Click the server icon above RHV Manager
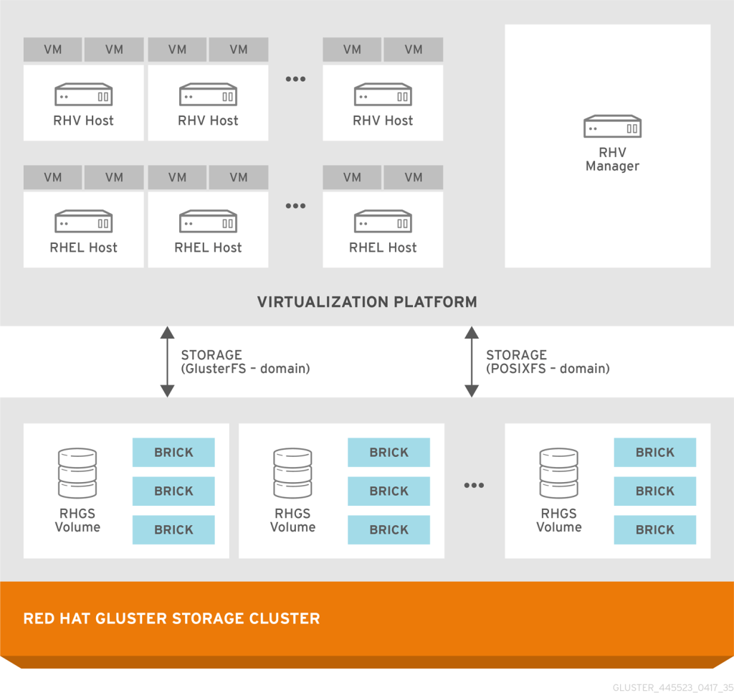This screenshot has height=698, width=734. point(611,127)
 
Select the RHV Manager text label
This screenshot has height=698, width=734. point(611,159)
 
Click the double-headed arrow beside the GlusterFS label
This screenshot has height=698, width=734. point(167,362)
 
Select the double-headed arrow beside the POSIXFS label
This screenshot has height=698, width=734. point(472,362)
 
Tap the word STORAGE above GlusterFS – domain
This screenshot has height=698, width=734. point(211,355)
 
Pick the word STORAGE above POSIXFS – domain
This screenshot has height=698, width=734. point(516,355)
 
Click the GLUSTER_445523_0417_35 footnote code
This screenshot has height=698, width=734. point(672,687)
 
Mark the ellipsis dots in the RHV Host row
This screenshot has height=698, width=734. point(295,80)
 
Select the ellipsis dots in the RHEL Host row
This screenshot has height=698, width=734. point(295,207)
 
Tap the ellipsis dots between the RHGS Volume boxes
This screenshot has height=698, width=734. point(474,486)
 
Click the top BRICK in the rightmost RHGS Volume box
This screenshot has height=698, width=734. point(654,453)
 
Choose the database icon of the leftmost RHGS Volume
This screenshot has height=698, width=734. point(77,473)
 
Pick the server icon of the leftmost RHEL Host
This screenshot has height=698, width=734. point(83,222)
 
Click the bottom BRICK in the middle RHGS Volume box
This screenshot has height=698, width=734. point(389,530)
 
